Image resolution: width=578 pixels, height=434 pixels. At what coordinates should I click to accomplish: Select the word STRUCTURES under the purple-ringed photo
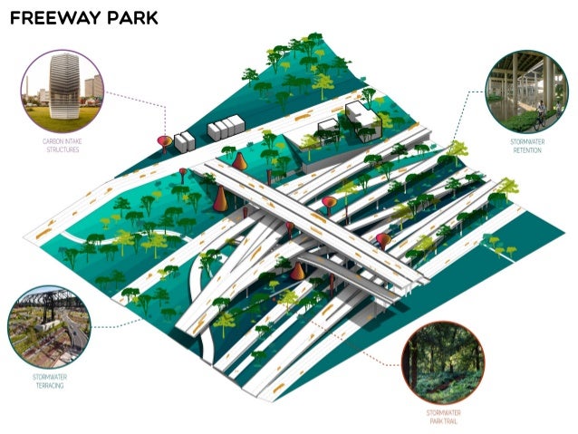pos(61,149)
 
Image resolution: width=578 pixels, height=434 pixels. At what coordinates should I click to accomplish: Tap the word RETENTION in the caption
pos(526,152)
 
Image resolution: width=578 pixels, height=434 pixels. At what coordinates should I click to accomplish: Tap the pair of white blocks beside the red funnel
pos(184,140)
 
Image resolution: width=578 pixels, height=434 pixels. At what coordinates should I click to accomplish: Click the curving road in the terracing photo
pos(77,336)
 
